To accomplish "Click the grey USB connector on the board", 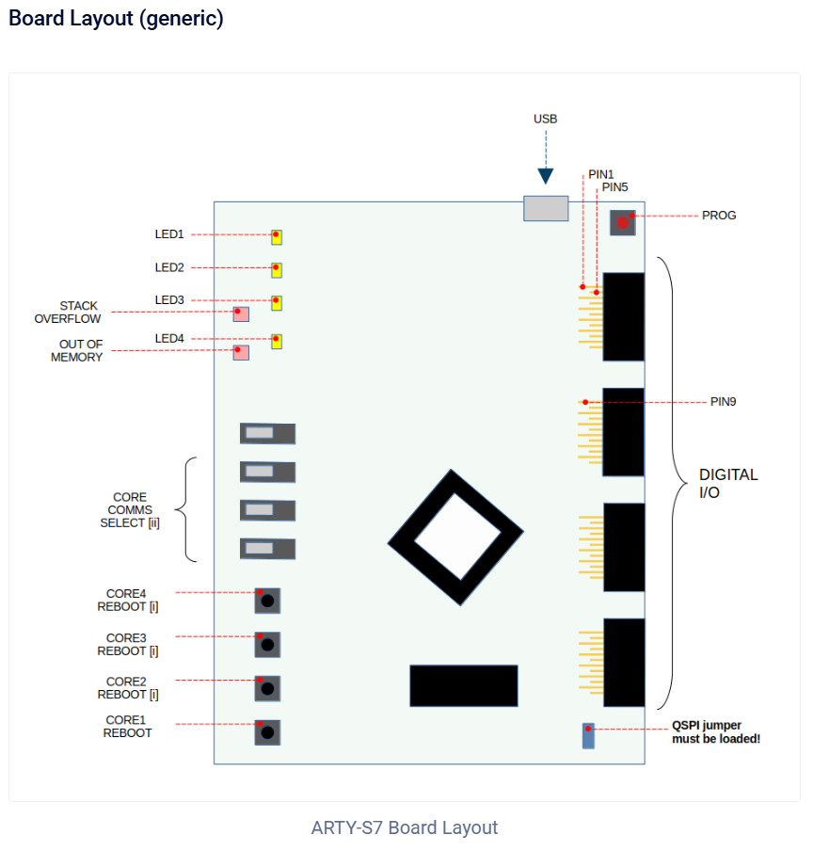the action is (546, 208).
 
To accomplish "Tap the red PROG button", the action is (622, 223).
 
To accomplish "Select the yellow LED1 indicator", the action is (277, 237).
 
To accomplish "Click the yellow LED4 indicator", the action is (277, 341).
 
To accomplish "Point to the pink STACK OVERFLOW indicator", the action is (241, 314).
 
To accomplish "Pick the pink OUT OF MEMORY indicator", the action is (241, 353).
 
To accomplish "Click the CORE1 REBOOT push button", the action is (267, 732).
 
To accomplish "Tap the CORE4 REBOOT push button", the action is (267, 601).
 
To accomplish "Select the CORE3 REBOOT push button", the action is (267, 645).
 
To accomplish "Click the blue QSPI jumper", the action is (589, 736).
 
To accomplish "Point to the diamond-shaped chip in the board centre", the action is (456, 538).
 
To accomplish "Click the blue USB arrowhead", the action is (546, 176).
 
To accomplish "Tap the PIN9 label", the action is (723, 402).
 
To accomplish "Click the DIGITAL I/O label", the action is (728, 483).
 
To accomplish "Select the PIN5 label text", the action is (614, 187).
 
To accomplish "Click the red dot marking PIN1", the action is (582, 287).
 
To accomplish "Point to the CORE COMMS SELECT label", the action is (130, 510).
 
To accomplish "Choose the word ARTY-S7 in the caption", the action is (346, 827).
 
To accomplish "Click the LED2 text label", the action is (169, 267).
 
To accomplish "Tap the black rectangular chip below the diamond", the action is (464, 685).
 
